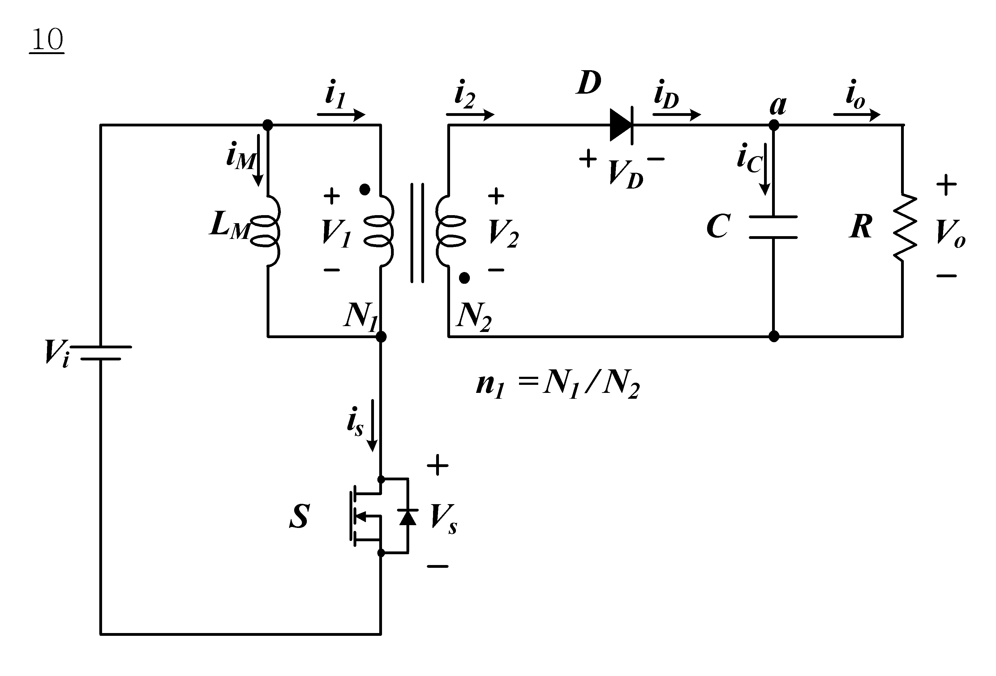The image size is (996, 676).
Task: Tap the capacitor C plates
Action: [x=773, y=227]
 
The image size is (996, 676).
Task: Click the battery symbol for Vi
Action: [x=105, y=353]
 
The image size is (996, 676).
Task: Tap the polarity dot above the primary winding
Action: [x=365, y=189]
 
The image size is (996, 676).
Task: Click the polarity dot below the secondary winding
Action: [x=464, y=278]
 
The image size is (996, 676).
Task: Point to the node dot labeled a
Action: [x=774, y=125]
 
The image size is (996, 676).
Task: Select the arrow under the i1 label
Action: [x=341, y=114]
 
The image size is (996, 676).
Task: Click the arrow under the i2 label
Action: [x=470, y=114]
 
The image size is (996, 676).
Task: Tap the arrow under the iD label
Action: [x=677, y=114]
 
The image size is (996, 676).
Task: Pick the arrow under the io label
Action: [x=857, y=114]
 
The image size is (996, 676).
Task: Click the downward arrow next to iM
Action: [x=258, y=160]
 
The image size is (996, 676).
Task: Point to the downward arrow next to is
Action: [x=372, y=425]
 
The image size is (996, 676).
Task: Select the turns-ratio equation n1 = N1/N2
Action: [x=558, y=385]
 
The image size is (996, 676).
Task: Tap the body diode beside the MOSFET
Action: [x=408, y=516]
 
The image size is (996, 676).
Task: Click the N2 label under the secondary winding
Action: [x=474, y=317]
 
